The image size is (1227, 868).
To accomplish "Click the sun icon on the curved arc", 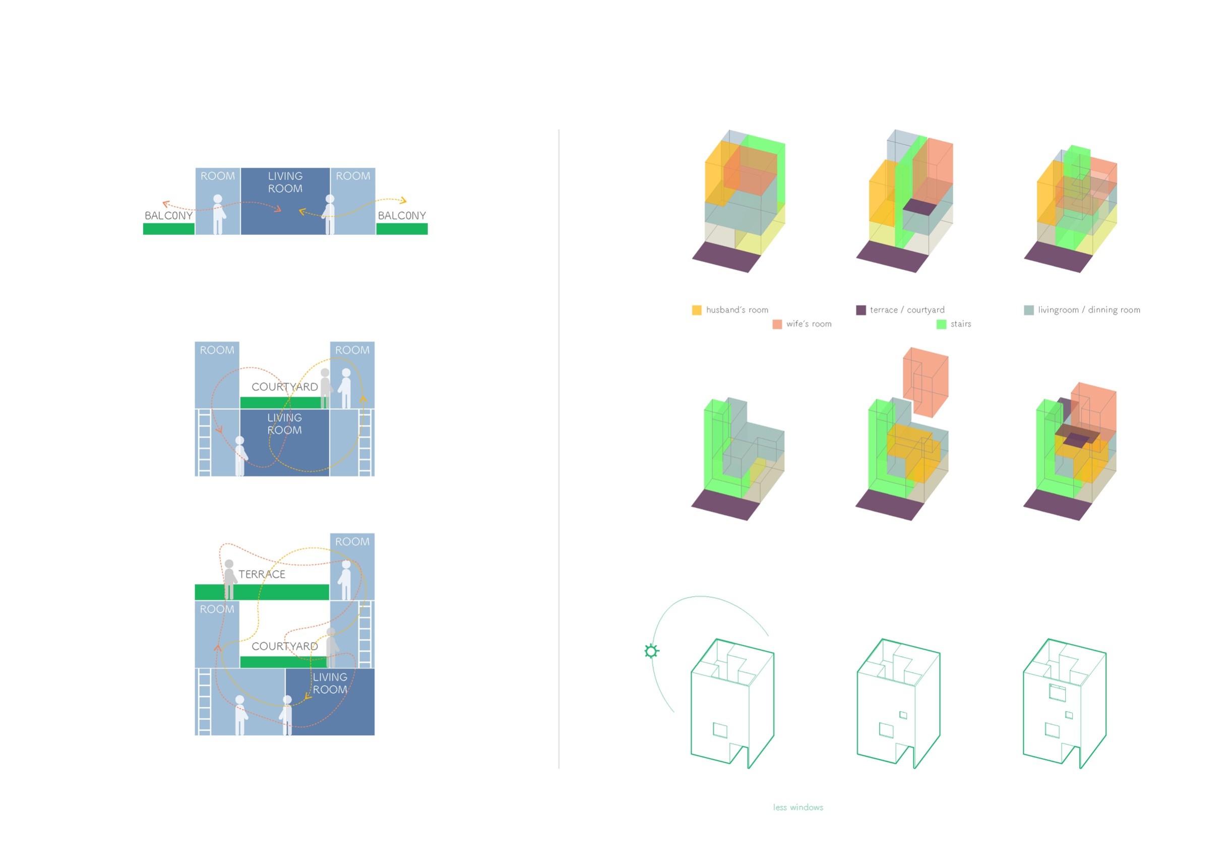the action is point(651,651).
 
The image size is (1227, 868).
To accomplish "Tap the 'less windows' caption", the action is point(798,807).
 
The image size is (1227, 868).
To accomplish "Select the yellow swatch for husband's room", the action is point(696,310).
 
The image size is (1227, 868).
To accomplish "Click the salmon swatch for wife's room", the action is point(777,324).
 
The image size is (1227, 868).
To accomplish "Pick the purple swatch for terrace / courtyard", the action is point(861,310).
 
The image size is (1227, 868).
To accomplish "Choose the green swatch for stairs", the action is point(942,324).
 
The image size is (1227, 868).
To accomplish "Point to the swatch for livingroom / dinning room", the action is point(1029,310).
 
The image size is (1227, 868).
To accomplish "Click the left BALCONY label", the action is point(168,215).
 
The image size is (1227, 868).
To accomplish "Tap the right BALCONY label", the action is point(402,215).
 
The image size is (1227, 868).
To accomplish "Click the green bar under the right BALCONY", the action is point(402,229).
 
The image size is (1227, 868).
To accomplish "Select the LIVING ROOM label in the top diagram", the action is point(285,182).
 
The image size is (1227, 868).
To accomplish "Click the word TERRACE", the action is point(262,574).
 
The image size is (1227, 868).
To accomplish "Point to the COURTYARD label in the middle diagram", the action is point(285,387).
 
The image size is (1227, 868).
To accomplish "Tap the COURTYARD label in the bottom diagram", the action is point(285,646).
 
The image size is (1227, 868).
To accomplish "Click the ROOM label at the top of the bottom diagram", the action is point(352,541).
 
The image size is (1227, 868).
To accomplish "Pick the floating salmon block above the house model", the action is point(926,382).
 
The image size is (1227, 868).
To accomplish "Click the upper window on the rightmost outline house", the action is point(1057,693).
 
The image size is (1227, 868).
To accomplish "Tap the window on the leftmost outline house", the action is point(720,730).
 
